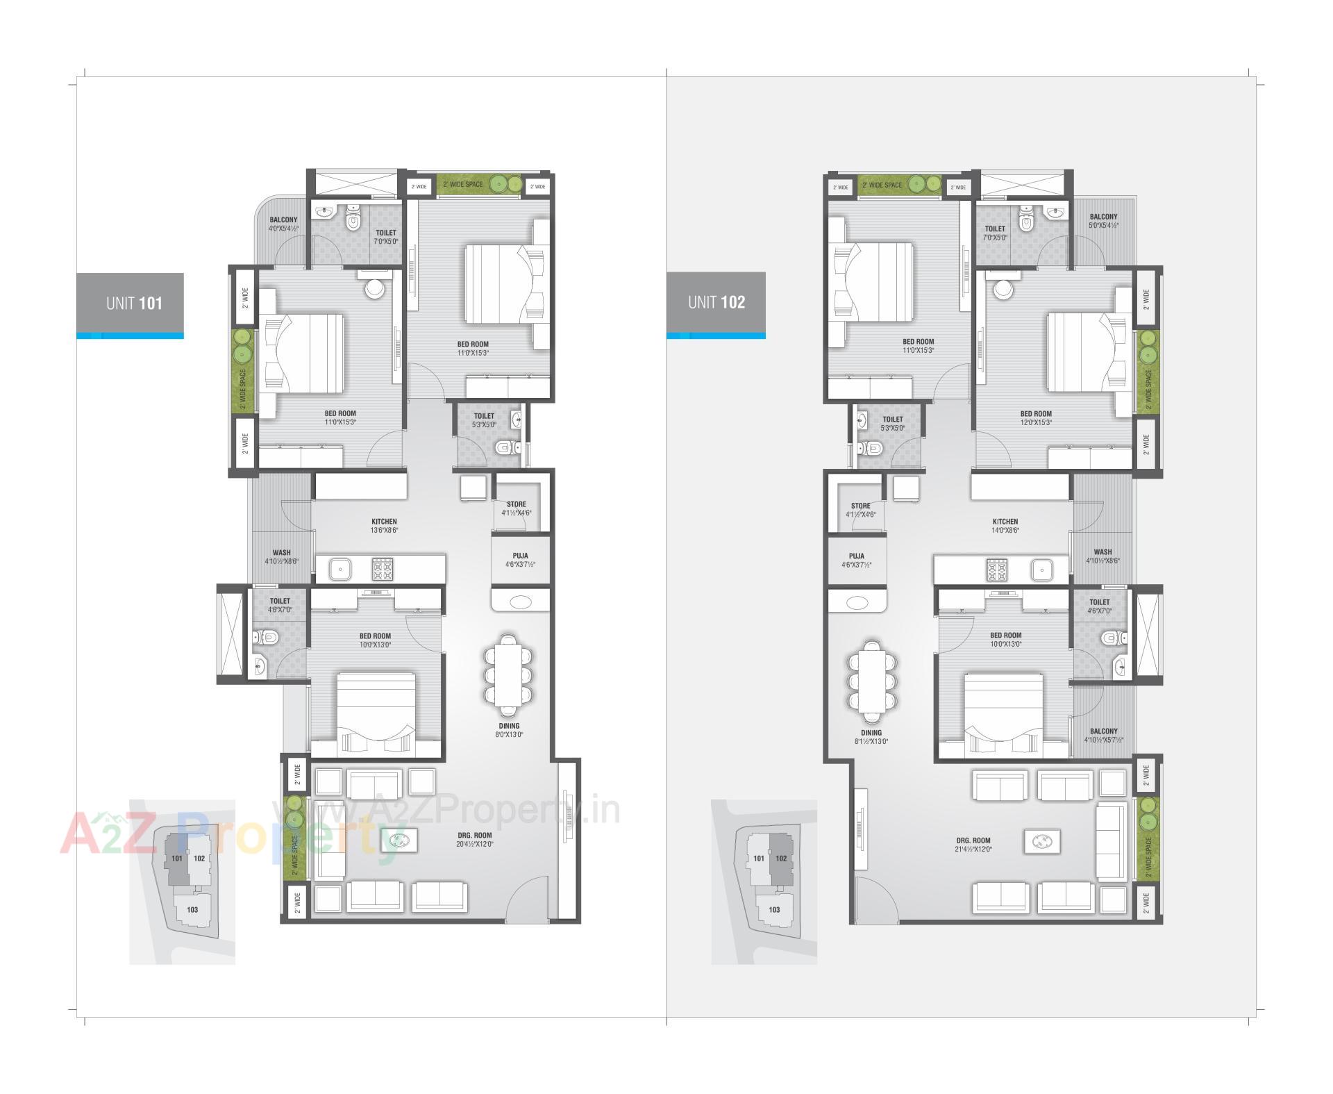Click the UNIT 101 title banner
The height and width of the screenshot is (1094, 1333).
point(131,303)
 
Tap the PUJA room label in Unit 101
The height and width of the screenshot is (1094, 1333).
point(520,560)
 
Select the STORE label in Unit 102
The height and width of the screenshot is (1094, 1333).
point(860,510)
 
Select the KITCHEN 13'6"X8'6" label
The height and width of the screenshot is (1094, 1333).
point(384,525)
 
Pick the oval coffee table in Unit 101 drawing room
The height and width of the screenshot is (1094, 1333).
point(399,841)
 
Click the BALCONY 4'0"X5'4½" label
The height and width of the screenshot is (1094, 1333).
point(283,224)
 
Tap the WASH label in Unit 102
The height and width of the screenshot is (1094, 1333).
point(1103,556)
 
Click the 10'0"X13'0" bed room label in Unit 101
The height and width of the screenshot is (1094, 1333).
point(375,640)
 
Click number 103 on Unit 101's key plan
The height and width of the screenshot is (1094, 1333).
point(192,909)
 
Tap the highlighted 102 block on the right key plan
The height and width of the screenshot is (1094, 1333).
point(781,859)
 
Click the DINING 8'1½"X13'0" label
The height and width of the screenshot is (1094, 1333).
point(871,736)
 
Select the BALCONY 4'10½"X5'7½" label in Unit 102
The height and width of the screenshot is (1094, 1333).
point(1104,735)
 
